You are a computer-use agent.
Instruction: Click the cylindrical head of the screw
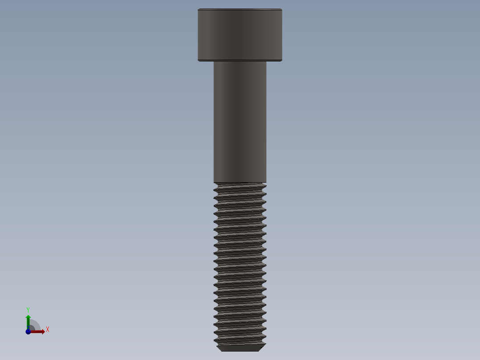[x=240, y=35]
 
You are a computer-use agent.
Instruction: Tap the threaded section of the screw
[x=240, y=263]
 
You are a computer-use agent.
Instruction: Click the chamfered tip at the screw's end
[x=240, y=348]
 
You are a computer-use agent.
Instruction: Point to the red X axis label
[x=47, y=330]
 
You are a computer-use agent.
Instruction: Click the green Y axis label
[x=28, y=310]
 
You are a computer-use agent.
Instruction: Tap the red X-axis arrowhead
[x=42, y=331]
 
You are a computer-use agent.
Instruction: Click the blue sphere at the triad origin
[x=28, y=331]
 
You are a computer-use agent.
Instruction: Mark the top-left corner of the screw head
[x=198, y=9]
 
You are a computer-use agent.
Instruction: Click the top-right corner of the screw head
[x=282, y=9]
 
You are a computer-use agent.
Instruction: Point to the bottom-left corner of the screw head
[x=198, y=60]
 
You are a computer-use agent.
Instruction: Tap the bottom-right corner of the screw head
[x=282, y=60]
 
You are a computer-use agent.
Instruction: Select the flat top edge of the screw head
[x=240, y=9]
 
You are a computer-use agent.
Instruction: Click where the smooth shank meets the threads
[x=240, y=183]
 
